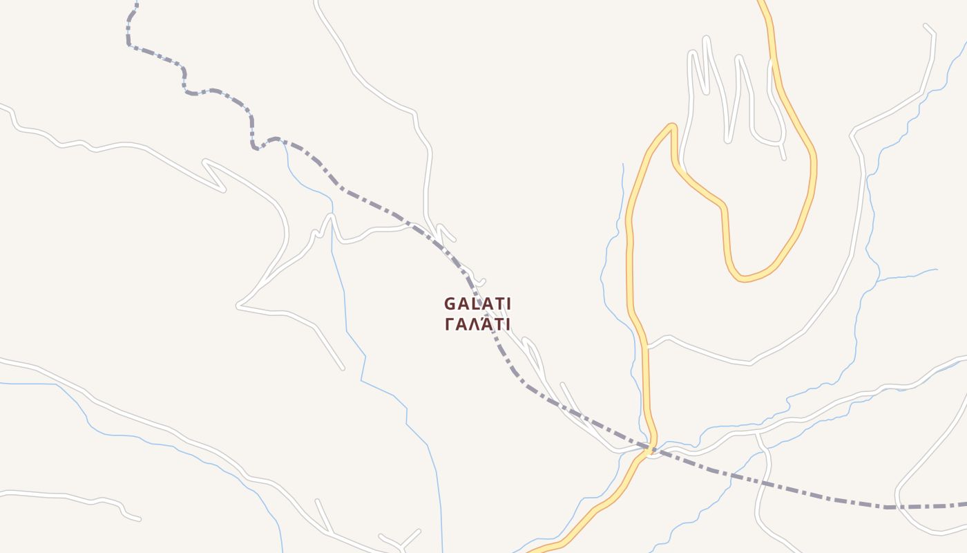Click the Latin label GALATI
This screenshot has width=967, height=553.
click(x=477, y=304)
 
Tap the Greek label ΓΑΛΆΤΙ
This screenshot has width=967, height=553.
click(x=477, y=324)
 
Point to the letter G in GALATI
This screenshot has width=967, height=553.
click(x=450, y=304)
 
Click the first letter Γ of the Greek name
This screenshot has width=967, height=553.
click(x=450, y=324)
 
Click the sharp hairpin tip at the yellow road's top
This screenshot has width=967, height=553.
click(x=671, y=126)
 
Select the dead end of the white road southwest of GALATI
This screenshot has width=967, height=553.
click(x=342, y=368)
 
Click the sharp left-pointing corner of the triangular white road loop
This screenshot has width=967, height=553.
click(x=238, y=305)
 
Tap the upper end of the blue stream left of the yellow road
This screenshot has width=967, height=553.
click(x=623, y=165)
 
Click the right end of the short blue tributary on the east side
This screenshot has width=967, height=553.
click(x=937, y=270)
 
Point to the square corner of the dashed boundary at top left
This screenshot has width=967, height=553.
click(x=129, y=45)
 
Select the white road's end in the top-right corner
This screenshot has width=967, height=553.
click(x=926, y=26)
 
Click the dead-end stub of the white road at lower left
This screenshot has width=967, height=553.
click(x=139, y=518)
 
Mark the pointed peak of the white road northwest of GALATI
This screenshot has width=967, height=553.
click(x=331, y=216)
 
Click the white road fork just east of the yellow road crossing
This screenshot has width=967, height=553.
click(x=758, y=433)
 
